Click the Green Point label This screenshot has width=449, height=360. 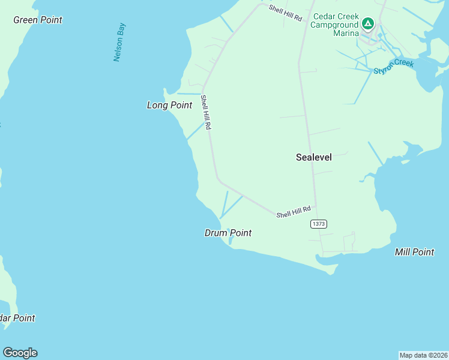click(38, 20)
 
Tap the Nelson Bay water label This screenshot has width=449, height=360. click(119, 43)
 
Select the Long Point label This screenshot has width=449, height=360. click(169, 105)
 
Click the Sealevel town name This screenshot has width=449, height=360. click(313, 157)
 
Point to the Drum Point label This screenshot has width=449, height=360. click(228, 233)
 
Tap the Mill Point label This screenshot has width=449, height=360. click(414, 252)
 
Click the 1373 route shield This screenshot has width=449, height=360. click(319, 224)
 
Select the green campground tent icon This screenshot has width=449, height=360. click(368, 25)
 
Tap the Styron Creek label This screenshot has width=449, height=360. click(394, 67)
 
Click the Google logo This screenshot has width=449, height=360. click(20, 353)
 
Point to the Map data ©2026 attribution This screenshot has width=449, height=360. click(423, 355)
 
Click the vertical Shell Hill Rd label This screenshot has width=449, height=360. click(205, 113)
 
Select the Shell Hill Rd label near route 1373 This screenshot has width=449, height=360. click(294, 212)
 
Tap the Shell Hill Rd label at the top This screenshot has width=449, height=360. click(285, 13)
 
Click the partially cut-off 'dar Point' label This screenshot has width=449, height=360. click(17, 318)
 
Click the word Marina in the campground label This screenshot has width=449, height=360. click(346, 33)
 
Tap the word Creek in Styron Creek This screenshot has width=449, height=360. click(404, 64)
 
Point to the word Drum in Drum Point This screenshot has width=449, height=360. click(215, 233)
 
